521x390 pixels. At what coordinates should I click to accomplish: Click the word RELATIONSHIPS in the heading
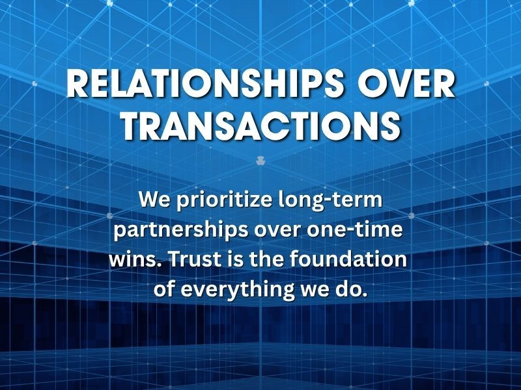(204, 84)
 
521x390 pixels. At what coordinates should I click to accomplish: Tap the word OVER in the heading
(406, 84)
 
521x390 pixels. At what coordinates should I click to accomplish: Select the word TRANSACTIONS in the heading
(261, 125)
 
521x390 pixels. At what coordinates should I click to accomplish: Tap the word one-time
(354, 229)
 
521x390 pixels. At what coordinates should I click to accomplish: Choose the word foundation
(348, 259)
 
